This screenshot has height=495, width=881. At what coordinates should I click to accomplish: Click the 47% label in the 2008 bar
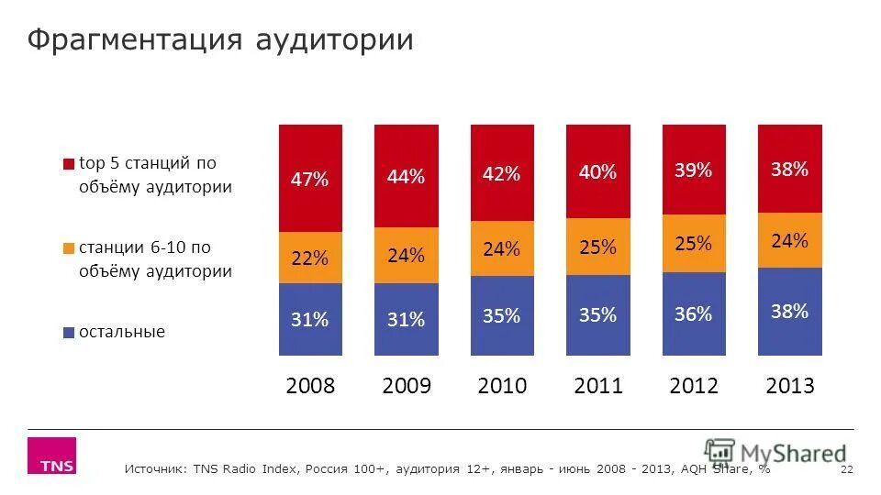pos(309,180)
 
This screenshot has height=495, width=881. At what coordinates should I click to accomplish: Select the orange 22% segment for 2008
pos(309,258)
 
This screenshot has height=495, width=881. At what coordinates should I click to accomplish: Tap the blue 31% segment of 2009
pos(406,320)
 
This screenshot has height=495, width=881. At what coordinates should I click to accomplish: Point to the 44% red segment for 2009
pos(406,177)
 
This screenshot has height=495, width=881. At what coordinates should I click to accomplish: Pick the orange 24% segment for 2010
pos(501,249)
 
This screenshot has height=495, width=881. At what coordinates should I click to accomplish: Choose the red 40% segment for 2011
pos(597,171)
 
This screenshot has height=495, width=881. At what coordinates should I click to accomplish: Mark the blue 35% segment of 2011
pos(597,315)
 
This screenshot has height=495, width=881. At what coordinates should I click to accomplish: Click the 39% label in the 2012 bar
pos(693,170)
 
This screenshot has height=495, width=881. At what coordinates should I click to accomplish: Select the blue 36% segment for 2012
pos(693,314)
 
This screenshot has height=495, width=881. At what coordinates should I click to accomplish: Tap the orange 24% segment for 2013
pos(789,241)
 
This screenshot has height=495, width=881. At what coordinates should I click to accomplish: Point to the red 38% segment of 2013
pos(789,169)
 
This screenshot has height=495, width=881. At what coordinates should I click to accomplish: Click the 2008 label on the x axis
pos(310,386)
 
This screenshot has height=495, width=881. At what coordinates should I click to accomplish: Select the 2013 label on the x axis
pos(789,386)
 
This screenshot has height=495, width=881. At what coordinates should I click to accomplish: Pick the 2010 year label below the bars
pos(502,386)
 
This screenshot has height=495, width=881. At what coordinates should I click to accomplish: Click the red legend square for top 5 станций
pos(68,165)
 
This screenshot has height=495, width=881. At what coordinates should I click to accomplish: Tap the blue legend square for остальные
pos(68,333)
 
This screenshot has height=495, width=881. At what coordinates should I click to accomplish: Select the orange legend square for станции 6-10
pos(68,248)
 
